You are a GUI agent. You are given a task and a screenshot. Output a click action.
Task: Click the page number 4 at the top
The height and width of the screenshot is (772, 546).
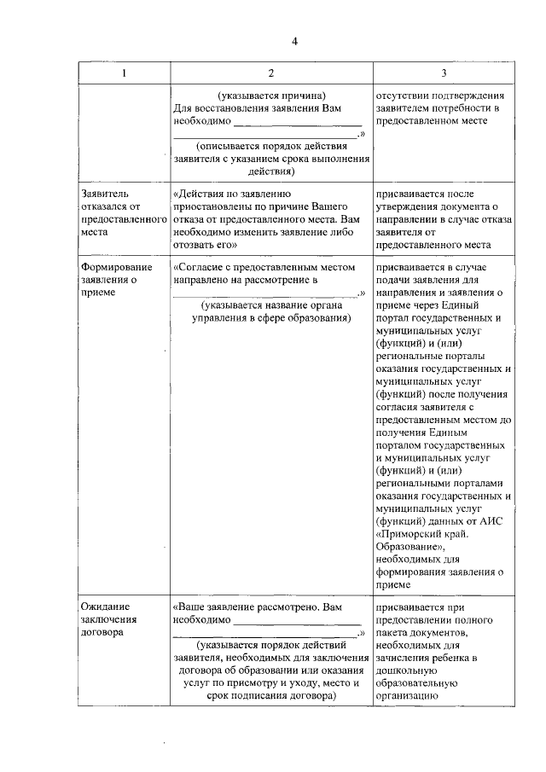(x=294, y=42)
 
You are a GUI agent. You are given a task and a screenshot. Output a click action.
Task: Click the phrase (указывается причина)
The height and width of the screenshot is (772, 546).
(x=270, y=96)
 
